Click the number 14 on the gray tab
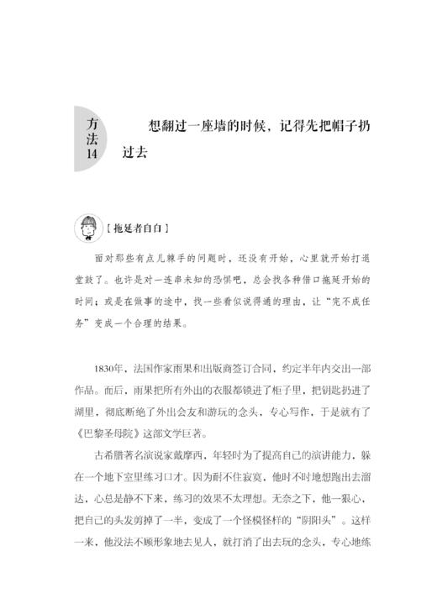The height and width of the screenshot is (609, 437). (x=92, y=155)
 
